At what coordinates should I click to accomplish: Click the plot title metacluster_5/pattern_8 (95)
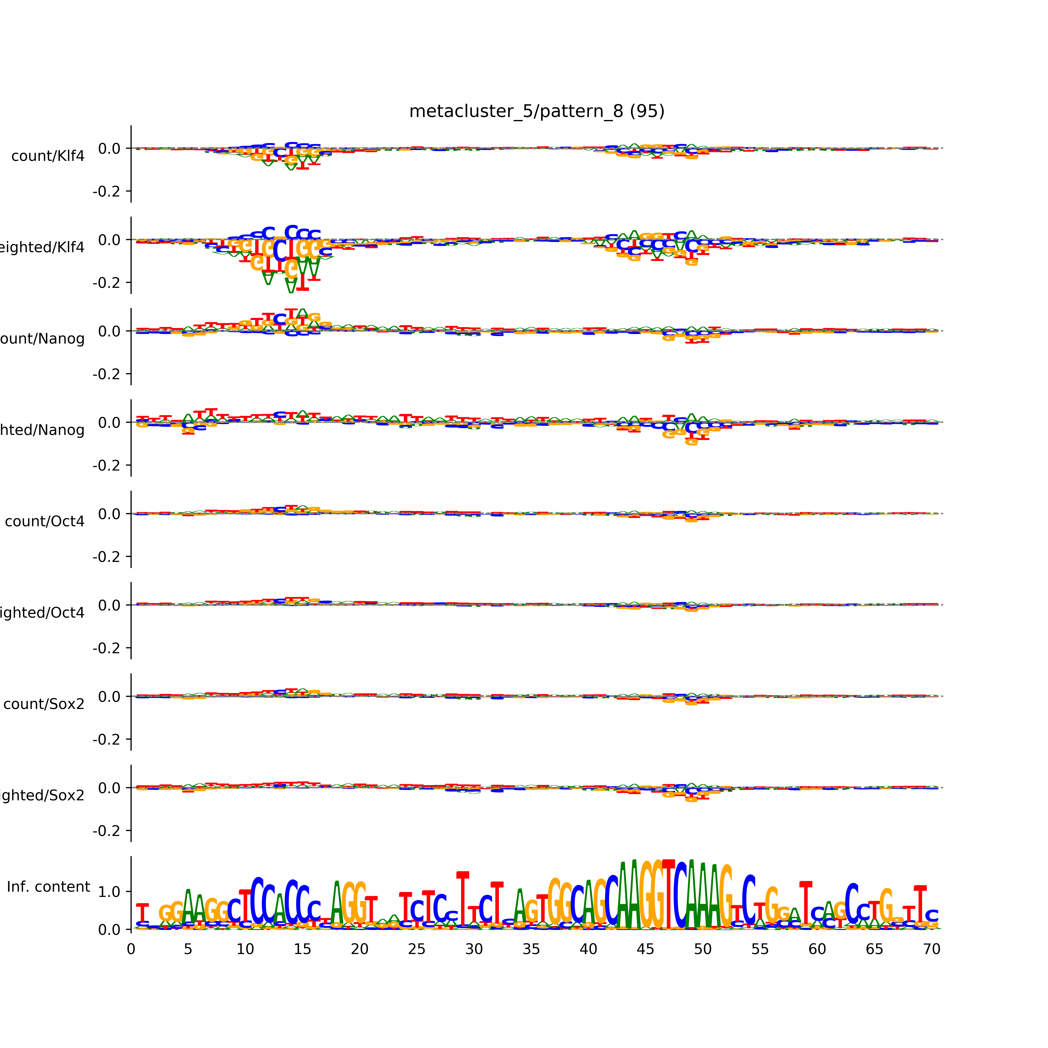pyautogui.click(x=536, y=111)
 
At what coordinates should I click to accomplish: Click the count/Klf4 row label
pyautogui.click(x=48, y=156)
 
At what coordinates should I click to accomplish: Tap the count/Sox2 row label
pyautogui.click(x=44, y=704)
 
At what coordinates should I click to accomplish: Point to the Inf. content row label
pyautogui.click(x=48, y=887)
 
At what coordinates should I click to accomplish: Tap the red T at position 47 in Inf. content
pyautogui.click(x=668, y=895)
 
